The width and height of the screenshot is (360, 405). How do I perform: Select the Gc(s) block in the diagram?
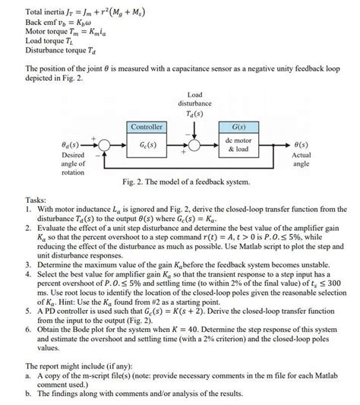(x=147, y=144)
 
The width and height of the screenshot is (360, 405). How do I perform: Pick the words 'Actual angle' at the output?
(x=302, y=158)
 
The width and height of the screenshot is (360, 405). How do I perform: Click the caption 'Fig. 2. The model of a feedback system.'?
(x=188, y=182)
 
